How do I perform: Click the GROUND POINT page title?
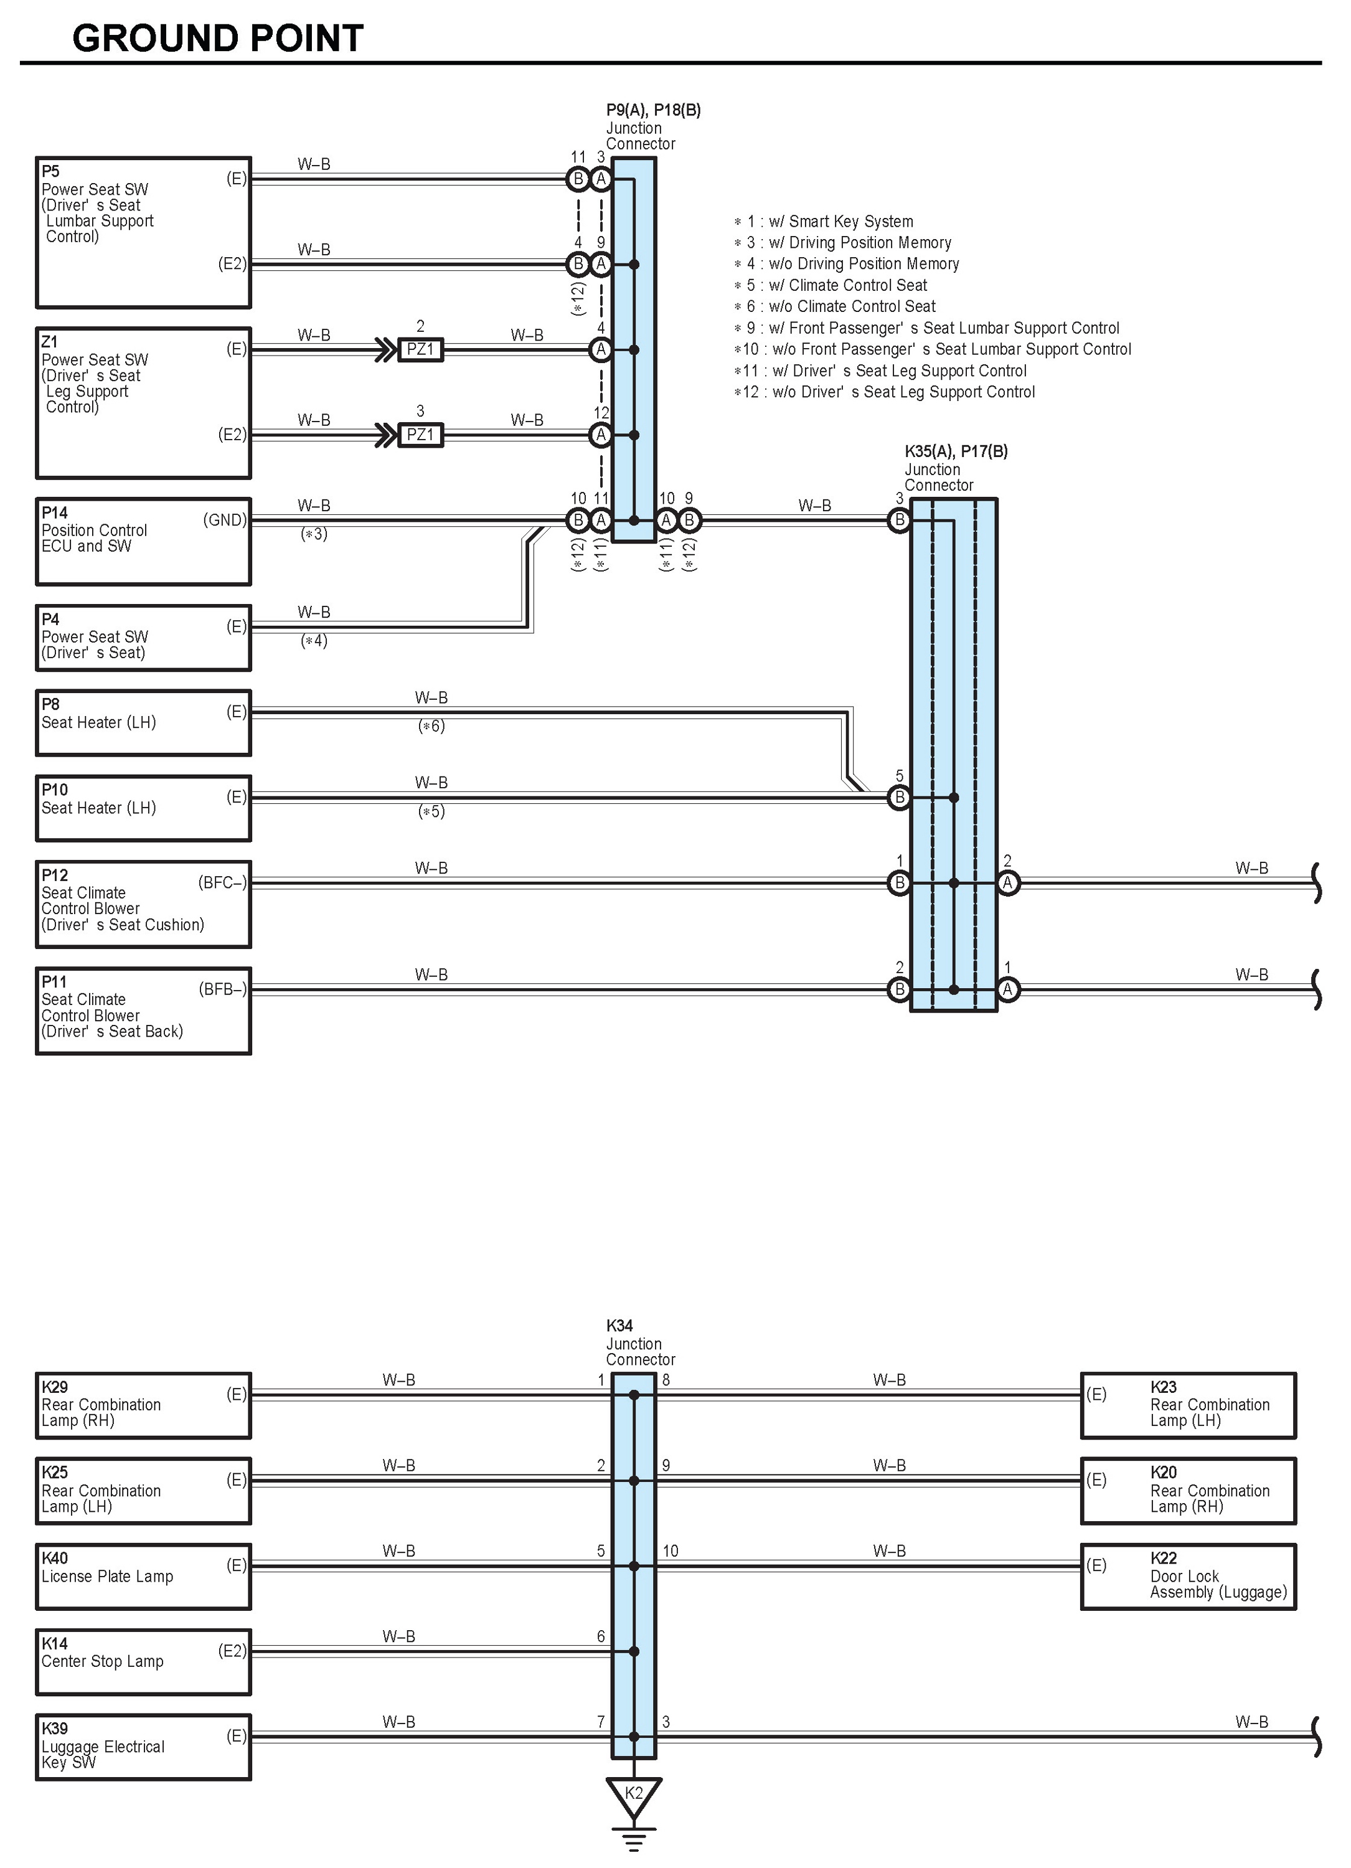(217, 38)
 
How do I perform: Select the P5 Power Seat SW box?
(143, 232)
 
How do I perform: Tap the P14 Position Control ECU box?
(143, 540)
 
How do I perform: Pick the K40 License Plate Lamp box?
(143, 1577)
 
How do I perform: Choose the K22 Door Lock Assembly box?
(1187, 1577)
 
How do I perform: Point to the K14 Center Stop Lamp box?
(143, 1661)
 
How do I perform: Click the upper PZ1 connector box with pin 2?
(420, 349)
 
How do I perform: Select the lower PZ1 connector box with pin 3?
(420, 434)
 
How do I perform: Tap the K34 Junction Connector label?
(639, 1342)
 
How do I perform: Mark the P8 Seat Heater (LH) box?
(143, 722)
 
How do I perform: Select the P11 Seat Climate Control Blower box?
(143, 1011)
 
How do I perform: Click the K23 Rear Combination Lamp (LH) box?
(1187, 1405)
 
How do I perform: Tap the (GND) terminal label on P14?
(224, 520)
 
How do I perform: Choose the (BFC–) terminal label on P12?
(222, 883)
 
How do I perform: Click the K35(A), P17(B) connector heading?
(955, 451)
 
